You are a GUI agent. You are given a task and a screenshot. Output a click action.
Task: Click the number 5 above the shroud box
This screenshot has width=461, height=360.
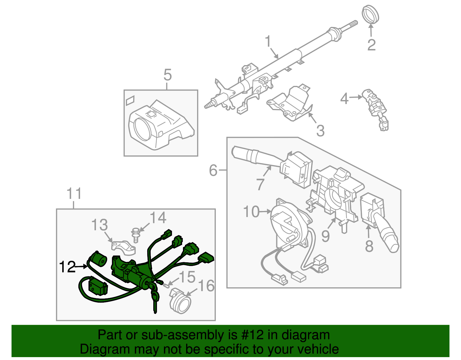click(x=167, y=75)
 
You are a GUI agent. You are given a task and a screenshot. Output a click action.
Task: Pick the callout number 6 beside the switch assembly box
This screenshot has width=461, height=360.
click(x=213, y=170)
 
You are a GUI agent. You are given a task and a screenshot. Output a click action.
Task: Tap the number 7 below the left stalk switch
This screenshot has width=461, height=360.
click(x=260, y=184)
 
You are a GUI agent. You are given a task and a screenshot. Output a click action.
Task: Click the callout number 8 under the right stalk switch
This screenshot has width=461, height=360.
click(x=369, y=246)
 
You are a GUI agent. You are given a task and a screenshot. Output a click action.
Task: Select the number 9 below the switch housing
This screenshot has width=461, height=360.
click(x=325, y=236)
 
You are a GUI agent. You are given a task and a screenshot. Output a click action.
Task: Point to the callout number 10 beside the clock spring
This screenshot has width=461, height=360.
click(x=251, y=212)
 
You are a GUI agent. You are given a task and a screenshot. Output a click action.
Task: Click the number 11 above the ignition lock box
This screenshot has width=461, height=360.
click(x=74, y=194)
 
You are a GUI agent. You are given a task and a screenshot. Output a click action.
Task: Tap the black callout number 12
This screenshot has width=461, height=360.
click(x=67, y=267)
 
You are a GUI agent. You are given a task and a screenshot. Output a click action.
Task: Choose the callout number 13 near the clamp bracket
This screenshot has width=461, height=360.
click(x=99, y=225)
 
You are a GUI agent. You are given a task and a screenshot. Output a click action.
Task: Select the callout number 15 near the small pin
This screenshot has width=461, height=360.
click(x=187, y=277)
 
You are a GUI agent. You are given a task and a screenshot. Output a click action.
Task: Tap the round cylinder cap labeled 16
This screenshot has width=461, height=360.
click(x=181, y=303)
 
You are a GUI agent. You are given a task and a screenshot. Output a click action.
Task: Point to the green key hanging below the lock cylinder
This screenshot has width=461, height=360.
click(x=155, y=300)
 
